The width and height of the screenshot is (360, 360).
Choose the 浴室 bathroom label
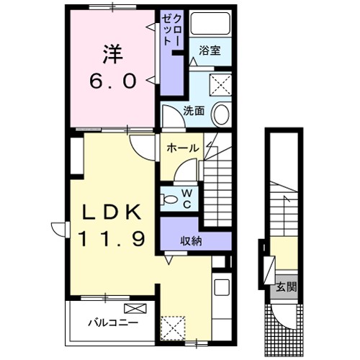210,52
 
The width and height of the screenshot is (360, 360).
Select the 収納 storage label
192,241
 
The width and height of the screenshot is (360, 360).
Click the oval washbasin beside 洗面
222,114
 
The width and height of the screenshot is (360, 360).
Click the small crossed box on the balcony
139,309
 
